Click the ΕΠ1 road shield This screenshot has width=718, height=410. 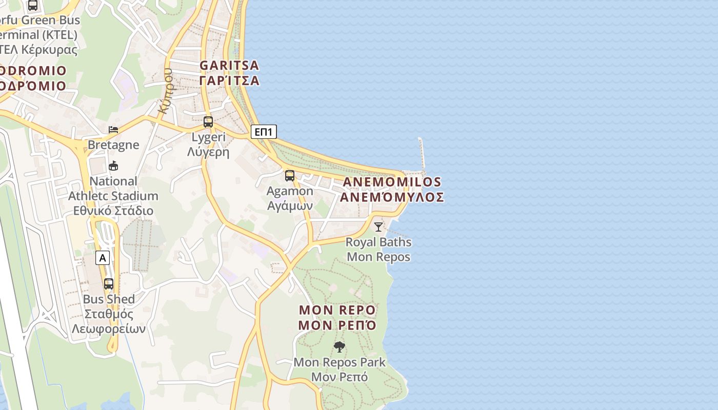click(x=264, y=132)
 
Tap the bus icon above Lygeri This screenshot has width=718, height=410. click(x=208, y=122)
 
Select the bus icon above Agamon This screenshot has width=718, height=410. click(x=289, y=176)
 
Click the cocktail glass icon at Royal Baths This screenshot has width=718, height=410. click(x=378, y=227)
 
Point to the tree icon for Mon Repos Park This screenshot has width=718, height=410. click(x=339, y=347)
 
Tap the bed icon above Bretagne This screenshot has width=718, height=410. click(x=113, y=129)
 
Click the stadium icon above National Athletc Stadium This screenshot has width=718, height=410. click(x=113, y=166)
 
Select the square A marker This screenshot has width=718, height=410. click(x=103, y=258)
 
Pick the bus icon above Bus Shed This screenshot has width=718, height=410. click(x=109, y=283)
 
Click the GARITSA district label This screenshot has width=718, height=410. click(x=229, y=66)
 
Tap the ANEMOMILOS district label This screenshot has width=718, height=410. click(x=392, y=182)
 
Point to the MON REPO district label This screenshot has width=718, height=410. click(x=337, y=310)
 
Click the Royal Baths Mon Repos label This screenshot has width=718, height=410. click(x=378, y=249)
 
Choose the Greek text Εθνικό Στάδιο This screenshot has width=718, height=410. click(x=113, y=211)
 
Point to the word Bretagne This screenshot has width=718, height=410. click(x=113, y=145)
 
